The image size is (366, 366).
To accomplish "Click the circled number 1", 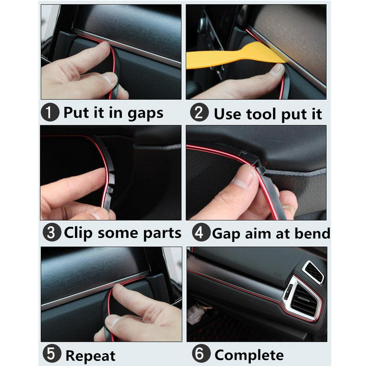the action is coord(50,112).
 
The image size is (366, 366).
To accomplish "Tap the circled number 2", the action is coord(199,112).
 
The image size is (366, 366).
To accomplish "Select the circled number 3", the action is coord(52,232).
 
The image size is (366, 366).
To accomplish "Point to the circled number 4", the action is coord(201,232).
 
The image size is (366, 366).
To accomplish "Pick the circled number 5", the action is coord(52,353).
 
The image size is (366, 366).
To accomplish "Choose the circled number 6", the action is coord(201,353).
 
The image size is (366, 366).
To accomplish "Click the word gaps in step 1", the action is coord(145,114).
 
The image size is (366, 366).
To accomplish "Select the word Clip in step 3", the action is coord(78,233).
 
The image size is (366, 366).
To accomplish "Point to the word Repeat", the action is coord(90,356).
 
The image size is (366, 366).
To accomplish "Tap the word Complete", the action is coord(249,355).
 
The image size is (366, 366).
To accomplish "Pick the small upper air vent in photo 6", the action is coord(313,272).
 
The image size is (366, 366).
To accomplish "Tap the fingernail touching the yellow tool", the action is coord(277,69).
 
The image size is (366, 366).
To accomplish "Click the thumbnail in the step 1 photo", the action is coord(109,78).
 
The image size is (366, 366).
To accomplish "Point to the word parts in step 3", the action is coord(162,234).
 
